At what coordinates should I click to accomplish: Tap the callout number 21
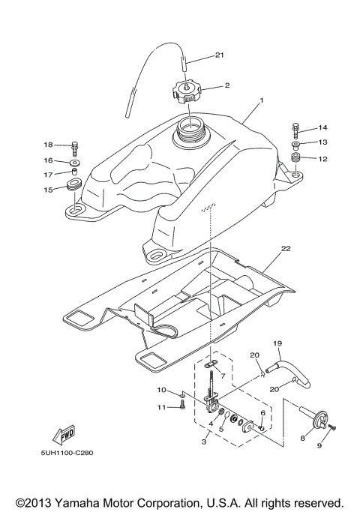(220, 55)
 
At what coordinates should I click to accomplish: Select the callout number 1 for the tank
(262, 100)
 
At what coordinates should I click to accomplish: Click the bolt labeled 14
(296, 128)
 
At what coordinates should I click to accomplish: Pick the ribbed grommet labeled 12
(296, 157)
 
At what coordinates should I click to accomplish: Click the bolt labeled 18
(75, 145)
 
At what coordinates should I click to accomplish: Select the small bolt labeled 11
(182, 406)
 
